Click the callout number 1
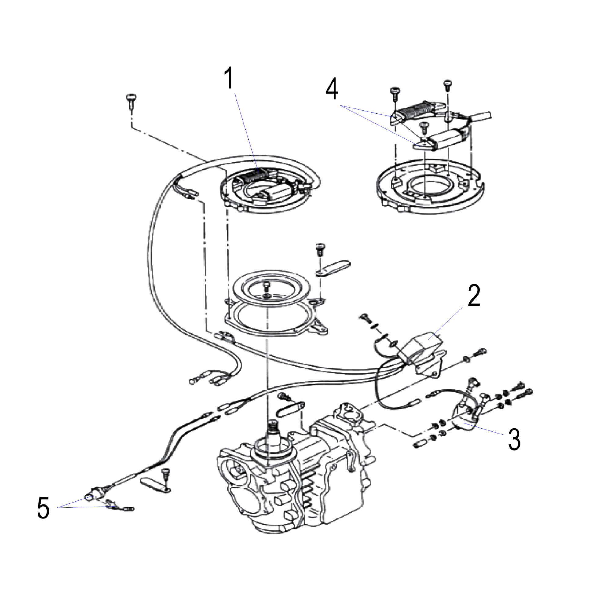[x=229, y=79]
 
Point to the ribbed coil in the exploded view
[x=414, y=113]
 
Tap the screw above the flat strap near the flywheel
[x=320, y=250]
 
